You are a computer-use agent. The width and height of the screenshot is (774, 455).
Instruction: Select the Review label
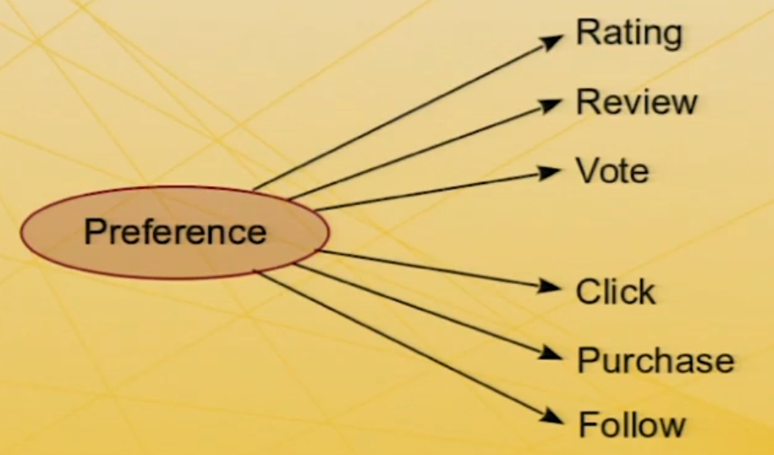pos(636,103)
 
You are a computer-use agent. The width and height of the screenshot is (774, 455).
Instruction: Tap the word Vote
pos(612,171)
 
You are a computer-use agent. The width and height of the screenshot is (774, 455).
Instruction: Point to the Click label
pos(615,292)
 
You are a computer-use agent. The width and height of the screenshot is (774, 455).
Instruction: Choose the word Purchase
pos(655,361)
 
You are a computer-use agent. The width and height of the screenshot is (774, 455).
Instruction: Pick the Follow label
pos(631,424)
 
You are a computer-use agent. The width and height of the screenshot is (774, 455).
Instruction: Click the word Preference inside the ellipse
pos(175,231)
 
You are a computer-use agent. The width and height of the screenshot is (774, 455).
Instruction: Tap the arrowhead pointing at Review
pos(553,103)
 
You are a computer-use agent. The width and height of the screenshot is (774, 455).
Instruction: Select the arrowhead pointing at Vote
pos(552,172)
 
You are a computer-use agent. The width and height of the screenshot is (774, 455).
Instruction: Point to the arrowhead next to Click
pos(552,287)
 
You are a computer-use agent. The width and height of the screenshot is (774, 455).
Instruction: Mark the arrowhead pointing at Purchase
pos(554,353)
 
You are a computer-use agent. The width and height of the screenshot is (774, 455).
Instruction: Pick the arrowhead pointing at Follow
pos(554,417)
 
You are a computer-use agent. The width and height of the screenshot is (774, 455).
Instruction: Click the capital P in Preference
pos(94,231)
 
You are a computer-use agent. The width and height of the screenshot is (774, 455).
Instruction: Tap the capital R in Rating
pos(585,34)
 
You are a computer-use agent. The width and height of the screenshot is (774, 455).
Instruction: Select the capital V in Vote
pos(586,171)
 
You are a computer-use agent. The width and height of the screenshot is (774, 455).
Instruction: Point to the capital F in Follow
pos(587,424)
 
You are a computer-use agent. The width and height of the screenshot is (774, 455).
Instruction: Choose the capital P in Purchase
pos(587,361)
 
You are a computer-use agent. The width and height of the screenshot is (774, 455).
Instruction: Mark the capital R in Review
pos(586,103)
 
